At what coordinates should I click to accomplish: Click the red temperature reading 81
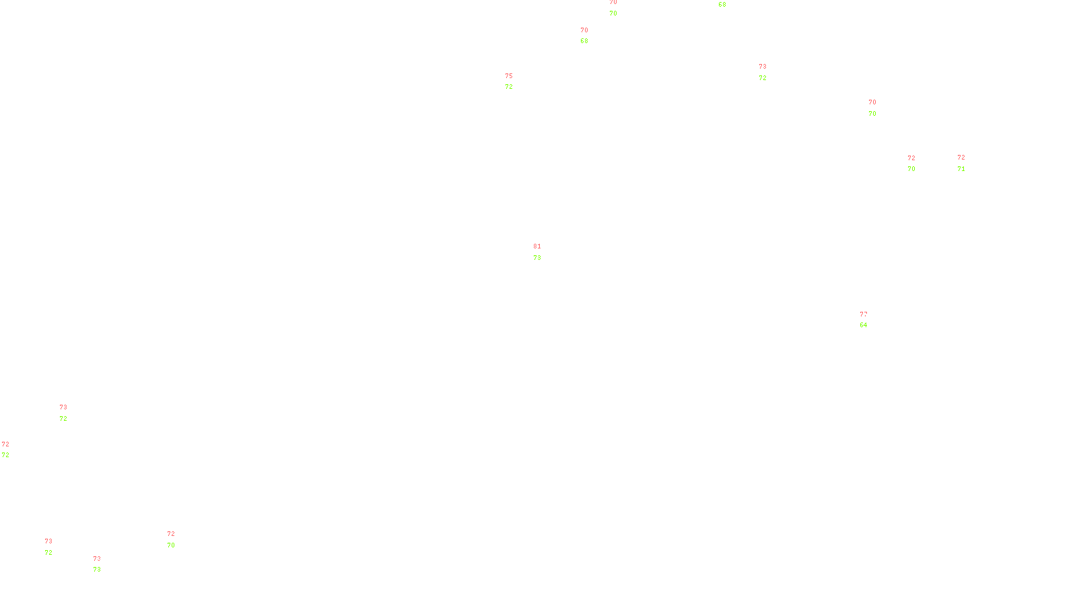536,246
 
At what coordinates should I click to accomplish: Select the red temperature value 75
509,76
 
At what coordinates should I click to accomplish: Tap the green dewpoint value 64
863,325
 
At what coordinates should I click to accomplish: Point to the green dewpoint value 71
961,169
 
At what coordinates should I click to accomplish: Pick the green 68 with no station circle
722,5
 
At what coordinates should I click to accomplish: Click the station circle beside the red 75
516,81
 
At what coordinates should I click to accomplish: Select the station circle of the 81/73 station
544,252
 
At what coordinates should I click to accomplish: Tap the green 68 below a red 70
584,41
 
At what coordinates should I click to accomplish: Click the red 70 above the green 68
584,30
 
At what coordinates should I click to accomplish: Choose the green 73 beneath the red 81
536,258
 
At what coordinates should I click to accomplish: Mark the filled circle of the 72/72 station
11,450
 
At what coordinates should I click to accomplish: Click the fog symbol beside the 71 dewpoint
961,163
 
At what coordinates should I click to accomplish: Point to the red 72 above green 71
961,158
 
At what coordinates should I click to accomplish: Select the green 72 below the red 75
509,87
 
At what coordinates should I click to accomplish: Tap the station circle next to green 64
870,320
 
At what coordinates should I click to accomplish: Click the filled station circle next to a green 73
104,564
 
